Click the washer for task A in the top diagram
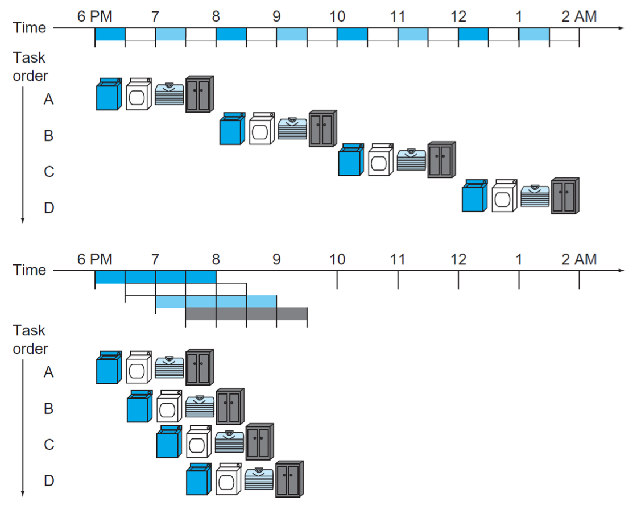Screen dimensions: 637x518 tap(109, 94)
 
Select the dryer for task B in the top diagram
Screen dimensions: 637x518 tap(262, 129)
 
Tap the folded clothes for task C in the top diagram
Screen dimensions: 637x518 tap(411, 160)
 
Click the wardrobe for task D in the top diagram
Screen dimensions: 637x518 tap(565, 196)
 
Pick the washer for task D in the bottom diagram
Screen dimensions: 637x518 tap(198, 479)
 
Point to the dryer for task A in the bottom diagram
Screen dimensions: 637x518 tap(139, 367)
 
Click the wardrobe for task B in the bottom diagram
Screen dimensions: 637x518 tap(230, 407)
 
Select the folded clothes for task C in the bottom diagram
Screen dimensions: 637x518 tap(229, 442)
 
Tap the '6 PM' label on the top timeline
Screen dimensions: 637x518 tap(94, 16)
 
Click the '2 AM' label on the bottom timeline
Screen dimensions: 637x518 tap(579, 259)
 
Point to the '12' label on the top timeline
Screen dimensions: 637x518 tap(458, 16)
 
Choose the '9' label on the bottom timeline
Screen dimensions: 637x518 tap(276, 259)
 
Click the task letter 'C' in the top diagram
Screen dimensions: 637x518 tap(49, 172)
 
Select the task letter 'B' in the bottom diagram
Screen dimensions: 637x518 tap(48, 408)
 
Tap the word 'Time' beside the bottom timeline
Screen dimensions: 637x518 tap(29, 270)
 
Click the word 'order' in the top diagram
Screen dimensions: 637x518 tap(31, 76)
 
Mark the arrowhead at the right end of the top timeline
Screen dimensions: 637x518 tap(622, 28)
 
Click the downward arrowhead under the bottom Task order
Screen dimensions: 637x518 tap(23, 494)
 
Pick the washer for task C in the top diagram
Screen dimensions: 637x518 tap(351, 160)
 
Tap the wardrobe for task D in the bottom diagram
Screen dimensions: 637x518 tap(289, 479)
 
